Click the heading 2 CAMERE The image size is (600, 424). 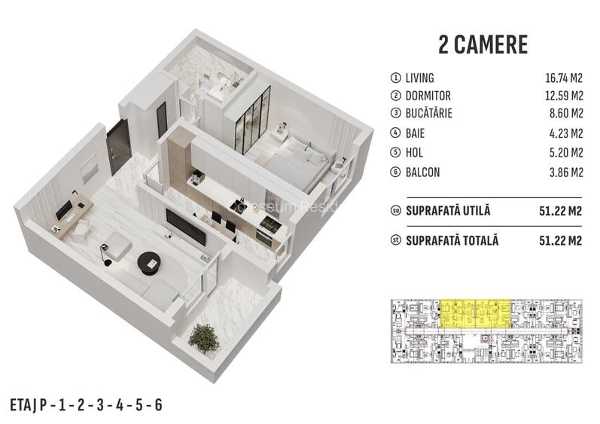(483, 44)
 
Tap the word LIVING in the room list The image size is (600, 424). (419, 78)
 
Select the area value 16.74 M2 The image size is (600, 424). (564, 78)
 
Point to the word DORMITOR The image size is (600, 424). (428, 96)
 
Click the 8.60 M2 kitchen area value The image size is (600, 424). (566, 115)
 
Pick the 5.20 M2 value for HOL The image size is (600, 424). (566, 153)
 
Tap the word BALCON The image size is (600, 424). (422, 172)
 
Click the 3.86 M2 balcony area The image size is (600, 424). (566, 172)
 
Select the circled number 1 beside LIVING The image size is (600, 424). (394, 78)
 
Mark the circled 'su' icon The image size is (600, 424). (394, 211)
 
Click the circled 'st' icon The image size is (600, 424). (394, 242)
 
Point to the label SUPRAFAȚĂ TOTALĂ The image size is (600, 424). (452, 242)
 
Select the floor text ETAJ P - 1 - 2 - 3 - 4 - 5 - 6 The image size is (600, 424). (87, 404)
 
